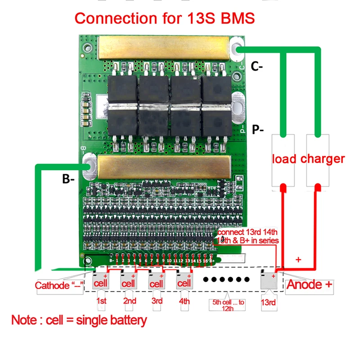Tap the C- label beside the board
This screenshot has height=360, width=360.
point(257,67)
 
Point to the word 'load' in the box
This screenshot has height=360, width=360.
point(283,159)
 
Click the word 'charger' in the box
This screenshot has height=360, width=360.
point(322,159)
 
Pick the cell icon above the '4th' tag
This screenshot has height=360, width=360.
point(184,283)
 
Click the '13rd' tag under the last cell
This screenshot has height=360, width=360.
point(269,303)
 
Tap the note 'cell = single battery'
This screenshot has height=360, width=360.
point(79,321)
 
